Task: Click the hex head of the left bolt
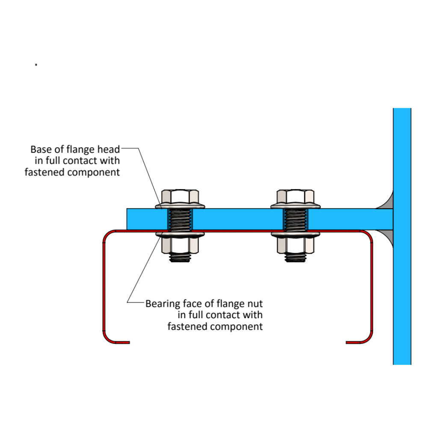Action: click(180, 197)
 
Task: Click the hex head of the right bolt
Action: click(295, 197)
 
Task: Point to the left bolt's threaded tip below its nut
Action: click(180, 258)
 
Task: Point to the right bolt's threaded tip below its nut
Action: click(295, 258)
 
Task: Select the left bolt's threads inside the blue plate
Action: click(180, 219)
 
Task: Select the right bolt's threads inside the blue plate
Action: click(295, 219)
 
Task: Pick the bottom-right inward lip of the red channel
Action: click(354, 342)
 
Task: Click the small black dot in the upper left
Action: click(36, 65)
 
